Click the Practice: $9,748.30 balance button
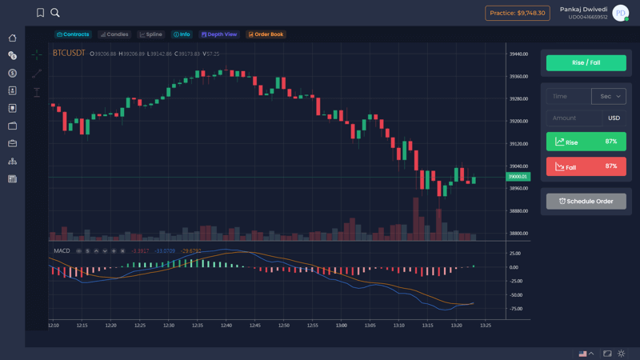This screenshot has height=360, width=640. click(x=518, y=13)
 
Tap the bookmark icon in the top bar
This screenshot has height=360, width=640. click(x=40, y=13)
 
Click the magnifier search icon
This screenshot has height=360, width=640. click(x=55, y=13)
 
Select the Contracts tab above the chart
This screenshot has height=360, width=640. click(x=73, y=34)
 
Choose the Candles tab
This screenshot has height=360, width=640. click(x=114, y=34)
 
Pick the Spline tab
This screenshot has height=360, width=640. click(x=150, y=34)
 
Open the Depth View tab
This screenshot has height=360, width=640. click(x=219, y=34)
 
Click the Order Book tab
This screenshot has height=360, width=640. click(x=266, y=34)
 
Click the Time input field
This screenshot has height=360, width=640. click(x=567, y=96)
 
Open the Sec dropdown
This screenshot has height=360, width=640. click(x=608, y=96)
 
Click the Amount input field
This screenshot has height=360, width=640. click(x=573, y=118)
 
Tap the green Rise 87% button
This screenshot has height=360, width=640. click(x=586, y=142)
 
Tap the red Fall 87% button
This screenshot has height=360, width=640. click(x=586, y=166)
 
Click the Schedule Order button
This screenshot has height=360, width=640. click(x=586, y=201)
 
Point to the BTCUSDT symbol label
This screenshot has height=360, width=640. click(x=69, y=53)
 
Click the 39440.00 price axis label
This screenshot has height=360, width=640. click(x=518, y=54)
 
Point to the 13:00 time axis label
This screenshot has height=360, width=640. click(x=342, y=326)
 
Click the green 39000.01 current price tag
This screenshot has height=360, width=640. click(x=518, y=176)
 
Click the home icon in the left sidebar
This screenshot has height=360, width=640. click(x=13, y=38)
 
